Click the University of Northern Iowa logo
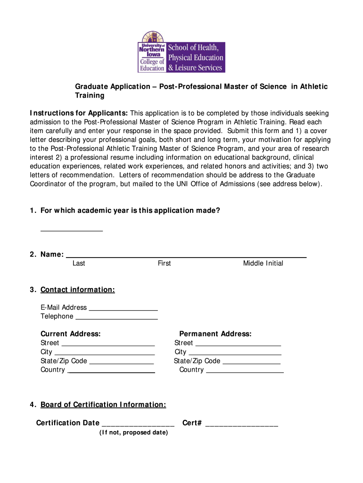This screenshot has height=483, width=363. (x=181, y=52)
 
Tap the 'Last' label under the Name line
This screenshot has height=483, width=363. (x=79, y=263)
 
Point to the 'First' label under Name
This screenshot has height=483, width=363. (x=164, y=263)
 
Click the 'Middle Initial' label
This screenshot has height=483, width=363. (x=263, y=263)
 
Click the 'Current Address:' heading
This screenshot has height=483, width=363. (x=70, y=334)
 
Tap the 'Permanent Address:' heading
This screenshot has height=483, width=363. (x=215, y=334)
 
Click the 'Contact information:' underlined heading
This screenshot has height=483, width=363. (x=77, y=290)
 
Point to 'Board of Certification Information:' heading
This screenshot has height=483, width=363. (x=103, y=405)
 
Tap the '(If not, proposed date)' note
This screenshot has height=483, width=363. (x=133, y=433)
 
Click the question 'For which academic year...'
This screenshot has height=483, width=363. (x=130, y=210)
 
